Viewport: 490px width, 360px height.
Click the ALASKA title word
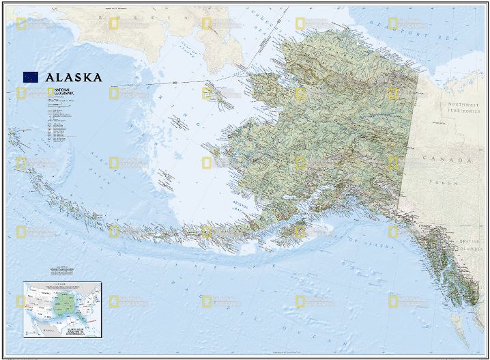pos(74,77)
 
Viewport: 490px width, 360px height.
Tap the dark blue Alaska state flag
pos(31,77)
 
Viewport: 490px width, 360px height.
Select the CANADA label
pos(455,160)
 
